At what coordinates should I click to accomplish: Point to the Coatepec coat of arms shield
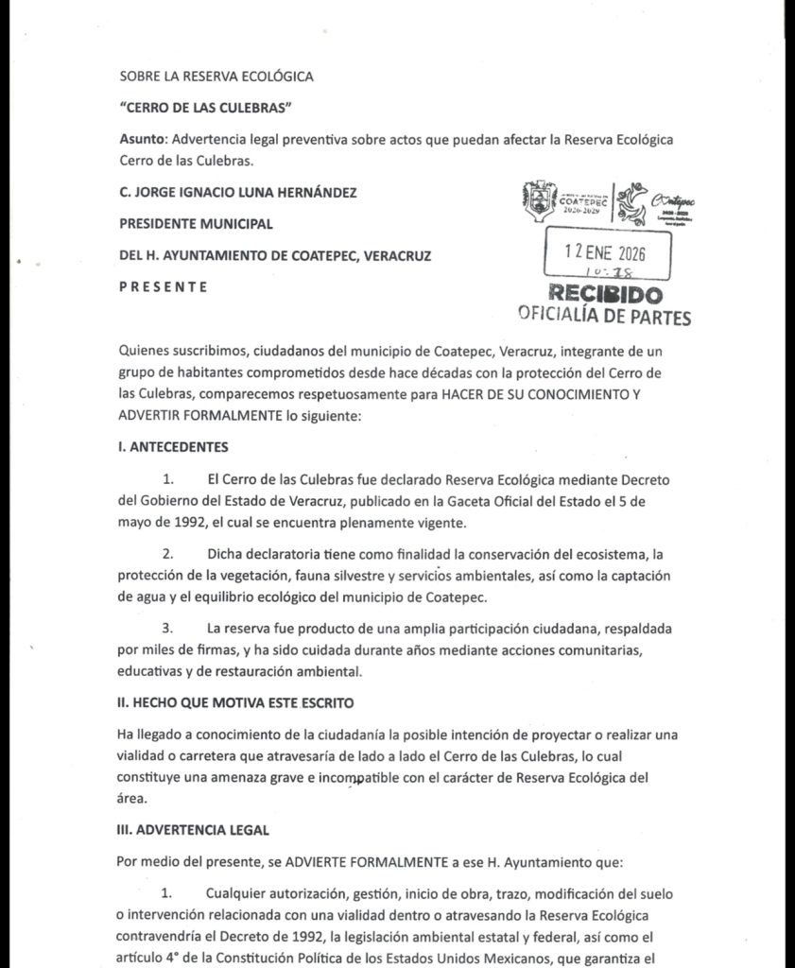(x=539, y=200)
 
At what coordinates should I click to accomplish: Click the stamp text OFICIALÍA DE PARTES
(x=605, y=317)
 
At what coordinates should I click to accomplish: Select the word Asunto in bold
(x=136, y=139)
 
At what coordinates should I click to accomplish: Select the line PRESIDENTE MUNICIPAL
(x=196, y=224)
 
